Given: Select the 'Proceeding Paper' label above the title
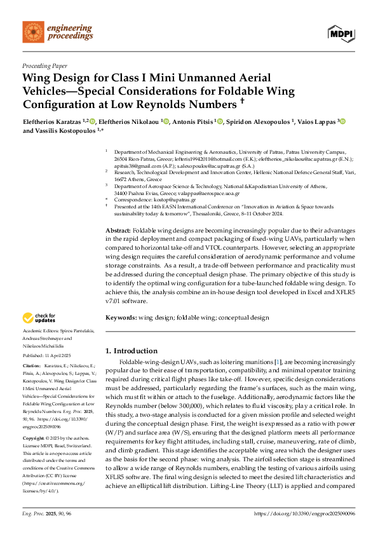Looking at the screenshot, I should click(x=44, y=65).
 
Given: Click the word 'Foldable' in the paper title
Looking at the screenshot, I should click(x=219, y=91).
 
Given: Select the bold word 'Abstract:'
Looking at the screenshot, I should click(x=118, y=229).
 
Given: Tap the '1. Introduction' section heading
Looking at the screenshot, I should click(x=132, y=351).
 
